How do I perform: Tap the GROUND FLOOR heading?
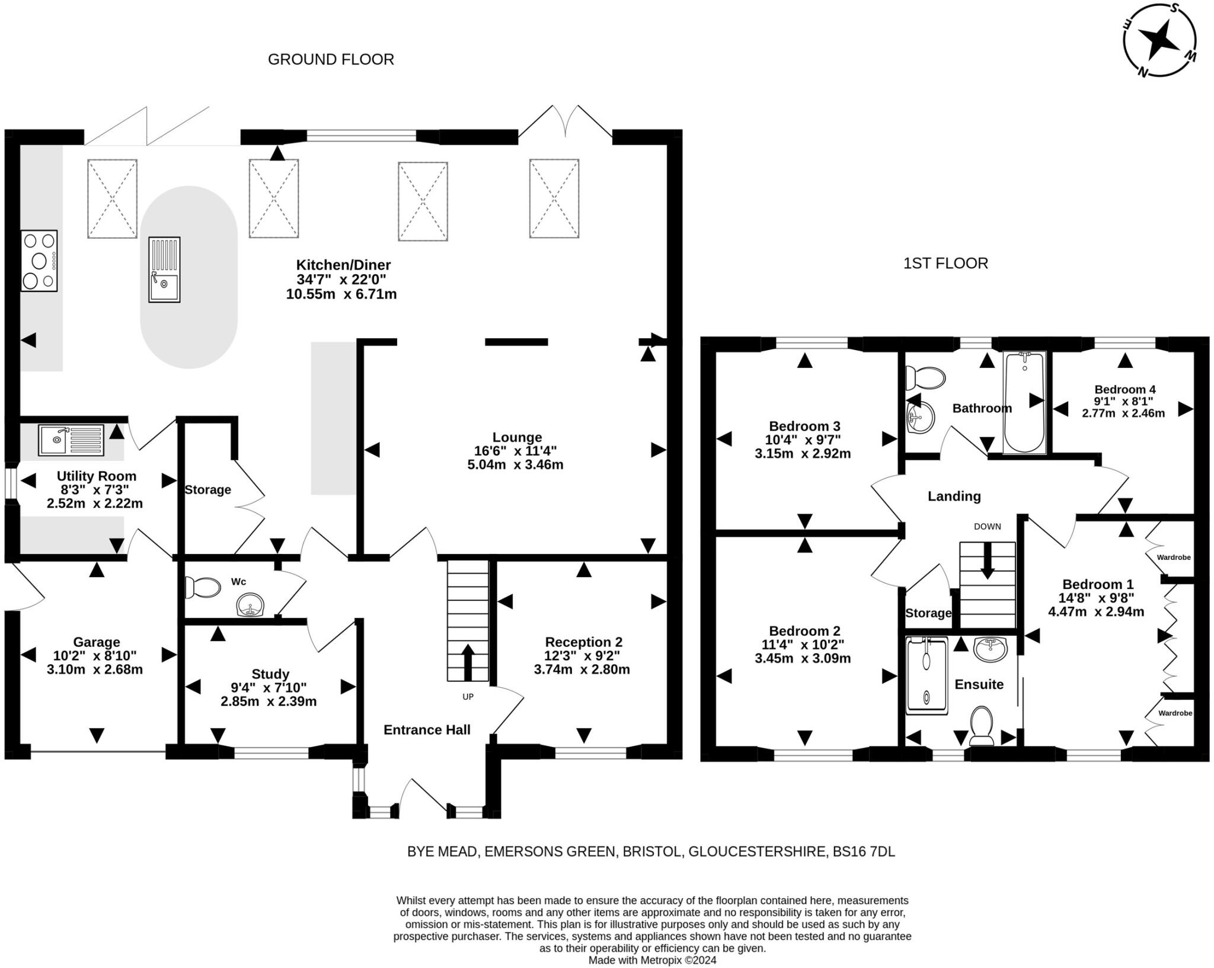click(331, 59)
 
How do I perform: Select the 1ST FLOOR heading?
click(945, 263)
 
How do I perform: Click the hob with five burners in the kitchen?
click(39, 261)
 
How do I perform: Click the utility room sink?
click(71, 440)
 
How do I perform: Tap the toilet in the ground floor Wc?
click(199, 588)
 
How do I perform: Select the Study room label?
click(270, 674)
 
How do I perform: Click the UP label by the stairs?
click(468, 697)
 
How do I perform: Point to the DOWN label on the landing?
click(987, 526)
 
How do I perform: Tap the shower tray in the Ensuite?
click(927, 674)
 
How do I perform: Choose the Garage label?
click(96, 642)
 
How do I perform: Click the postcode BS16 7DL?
click(864, 851)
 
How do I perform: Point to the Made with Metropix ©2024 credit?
click(652, 960)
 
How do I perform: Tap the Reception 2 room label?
click(583, 642)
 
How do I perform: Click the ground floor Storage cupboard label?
click(207, 490)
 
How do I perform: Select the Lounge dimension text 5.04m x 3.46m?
click(515, 464)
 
